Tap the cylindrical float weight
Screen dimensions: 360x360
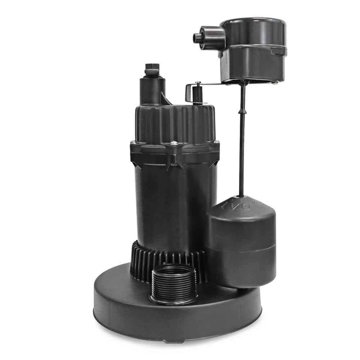coord(241,241)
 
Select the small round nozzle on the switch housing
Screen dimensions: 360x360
coord(197,37)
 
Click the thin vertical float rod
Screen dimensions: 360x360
coord(242,144)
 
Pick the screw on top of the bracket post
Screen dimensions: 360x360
coord(198,83)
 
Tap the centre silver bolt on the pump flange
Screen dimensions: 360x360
coord(174,143)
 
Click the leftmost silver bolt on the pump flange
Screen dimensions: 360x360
coord(133,143)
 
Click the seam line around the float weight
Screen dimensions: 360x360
coord(241,248)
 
